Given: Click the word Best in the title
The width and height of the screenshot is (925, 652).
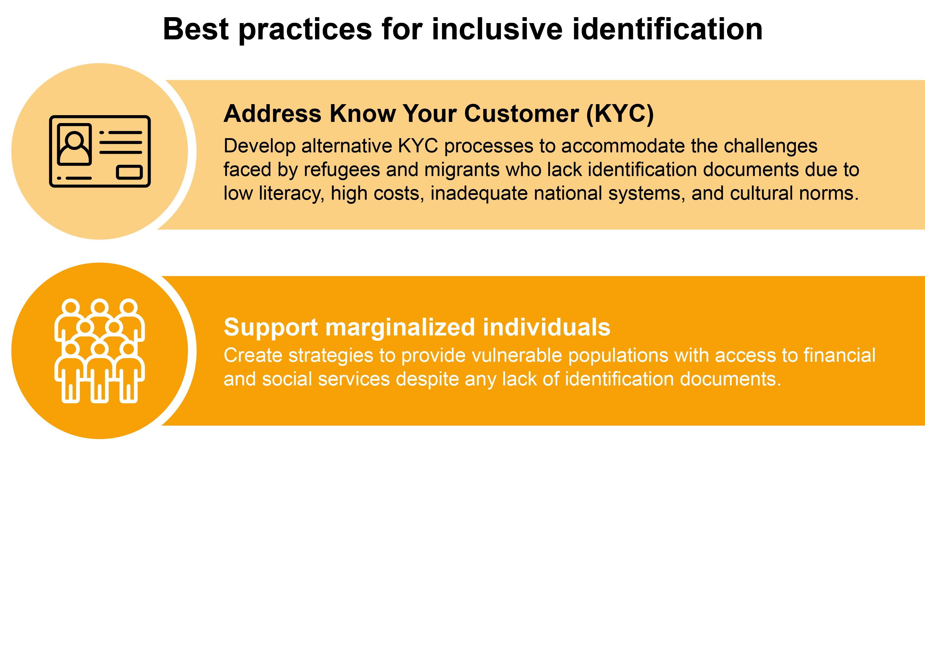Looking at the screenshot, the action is click(x=196, y=29).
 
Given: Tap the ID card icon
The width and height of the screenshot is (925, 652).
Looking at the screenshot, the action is click(x=100, y=151).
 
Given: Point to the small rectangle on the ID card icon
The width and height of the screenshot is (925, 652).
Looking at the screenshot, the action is click(x=129, y=172).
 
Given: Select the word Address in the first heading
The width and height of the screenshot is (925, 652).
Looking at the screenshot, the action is click(x=272, y=114).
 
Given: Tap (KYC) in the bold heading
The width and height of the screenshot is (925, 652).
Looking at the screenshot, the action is click(x=620, y=114).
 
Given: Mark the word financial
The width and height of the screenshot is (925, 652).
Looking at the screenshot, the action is click(x=839, y=356).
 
